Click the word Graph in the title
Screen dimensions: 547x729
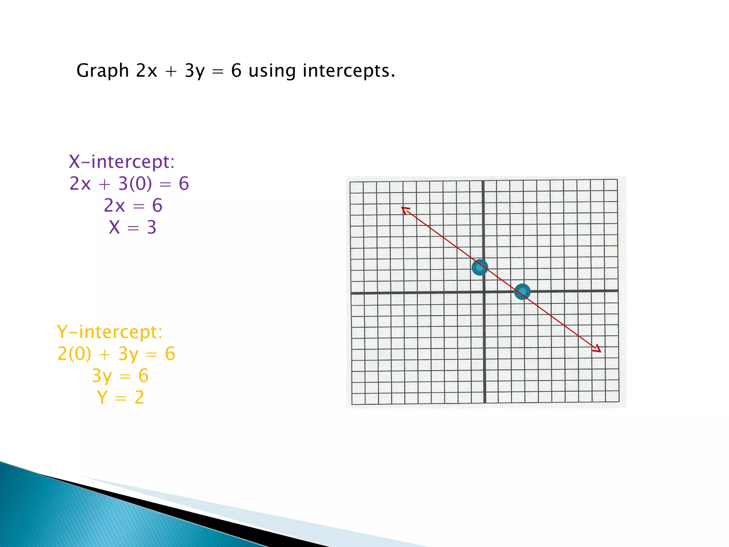pyautogui.click(x=102, y=71)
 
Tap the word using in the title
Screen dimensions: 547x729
pyautogui.click(x=272, y=71)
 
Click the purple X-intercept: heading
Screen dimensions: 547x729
pyautogui.click(x=122, y=162)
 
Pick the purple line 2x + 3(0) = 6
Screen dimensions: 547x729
pyautogui.click(x=129, y=184)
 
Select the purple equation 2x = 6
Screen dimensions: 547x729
pyautogui.click(x=133, y=205)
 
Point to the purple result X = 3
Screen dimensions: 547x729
pyautogui.click(x=132, y=227)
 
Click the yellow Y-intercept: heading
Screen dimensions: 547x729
pyautogui.click(x=110, y=332)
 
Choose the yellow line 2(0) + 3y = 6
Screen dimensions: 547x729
pyautogui.click(x=116, y=354)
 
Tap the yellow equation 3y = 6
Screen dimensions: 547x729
pyautogui.click(x=120, y=376)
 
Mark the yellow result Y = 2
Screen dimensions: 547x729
pyautogui.click(x=120, y=397)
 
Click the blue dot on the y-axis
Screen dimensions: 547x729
pyautogui.click(x=480, y=267)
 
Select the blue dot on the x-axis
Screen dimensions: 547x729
pyautogui.click(x=523, y=292)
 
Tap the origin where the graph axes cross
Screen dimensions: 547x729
pyautogui.click(x=484, y=292)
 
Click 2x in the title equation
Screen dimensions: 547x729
pyautogui.click(x=146, y=71)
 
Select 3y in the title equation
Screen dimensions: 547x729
pyautogui.click(x=195, y=71)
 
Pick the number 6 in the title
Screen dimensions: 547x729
pyautogui.click(x=236, y=71)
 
